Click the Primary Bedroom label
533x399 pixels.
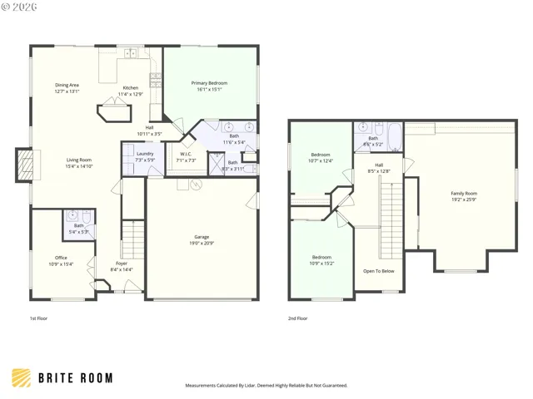pos(209,83)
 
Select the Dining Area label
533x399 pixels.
pos(67,85)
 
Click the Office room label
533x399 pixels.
pos(62,258)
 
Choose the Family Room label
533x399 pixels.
pos(464,194)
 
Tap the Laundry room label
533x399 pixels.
pos(144,154)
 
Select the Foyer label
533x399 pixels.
pos(122,264)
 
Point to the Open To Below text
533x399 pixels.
pos(379,271)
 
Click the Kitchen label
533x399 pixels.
pos(131,88)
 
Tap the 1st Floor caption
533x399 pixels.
pos(39,318)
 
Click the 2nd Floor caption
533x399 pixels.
pos(297,318)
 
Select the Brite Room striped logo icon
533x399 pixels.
pos(21,378)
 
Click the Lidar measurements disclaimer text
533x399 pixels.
pos(266,386)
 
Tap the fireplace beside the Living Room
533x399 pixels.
pos(27,165)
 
